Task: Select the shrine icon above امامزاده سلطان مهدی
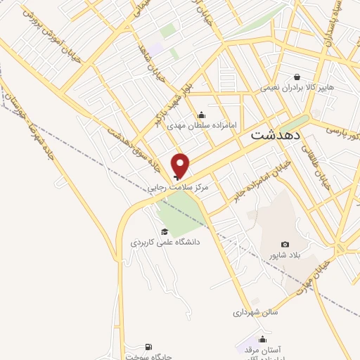202,115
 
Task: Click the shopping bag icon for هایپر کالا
297,77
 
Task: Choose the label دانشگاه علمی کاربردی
165,243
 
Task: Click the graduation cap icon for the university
165,231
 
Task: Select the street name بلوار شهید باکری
170,103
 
